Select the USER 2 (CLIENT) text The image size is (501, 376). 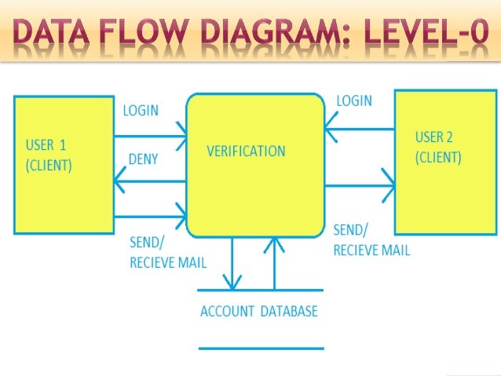click(438, 148)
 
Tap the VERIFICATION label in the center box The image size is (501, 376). click(246, 151)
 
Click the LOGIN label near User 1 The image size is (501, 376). click(140, 111)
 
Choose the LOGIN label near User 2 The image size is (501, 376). click(354, 101)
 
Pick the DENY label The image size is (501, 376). click(143, 159)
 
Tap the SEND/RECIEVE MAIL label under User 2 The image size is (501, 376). click(371, 241)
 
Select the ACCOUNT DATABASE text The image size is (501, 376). click(259, 312)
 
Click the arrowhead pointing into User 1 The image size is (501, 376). click(119, 182)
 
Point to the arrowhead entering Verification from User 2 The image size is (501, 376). click(330, 122)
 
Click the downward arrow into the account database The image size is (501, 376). click(232, 280)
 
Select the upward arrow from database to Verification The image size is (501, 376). click(275, 245)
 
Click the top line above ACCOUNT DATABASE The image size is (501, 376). click(261, 290)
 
